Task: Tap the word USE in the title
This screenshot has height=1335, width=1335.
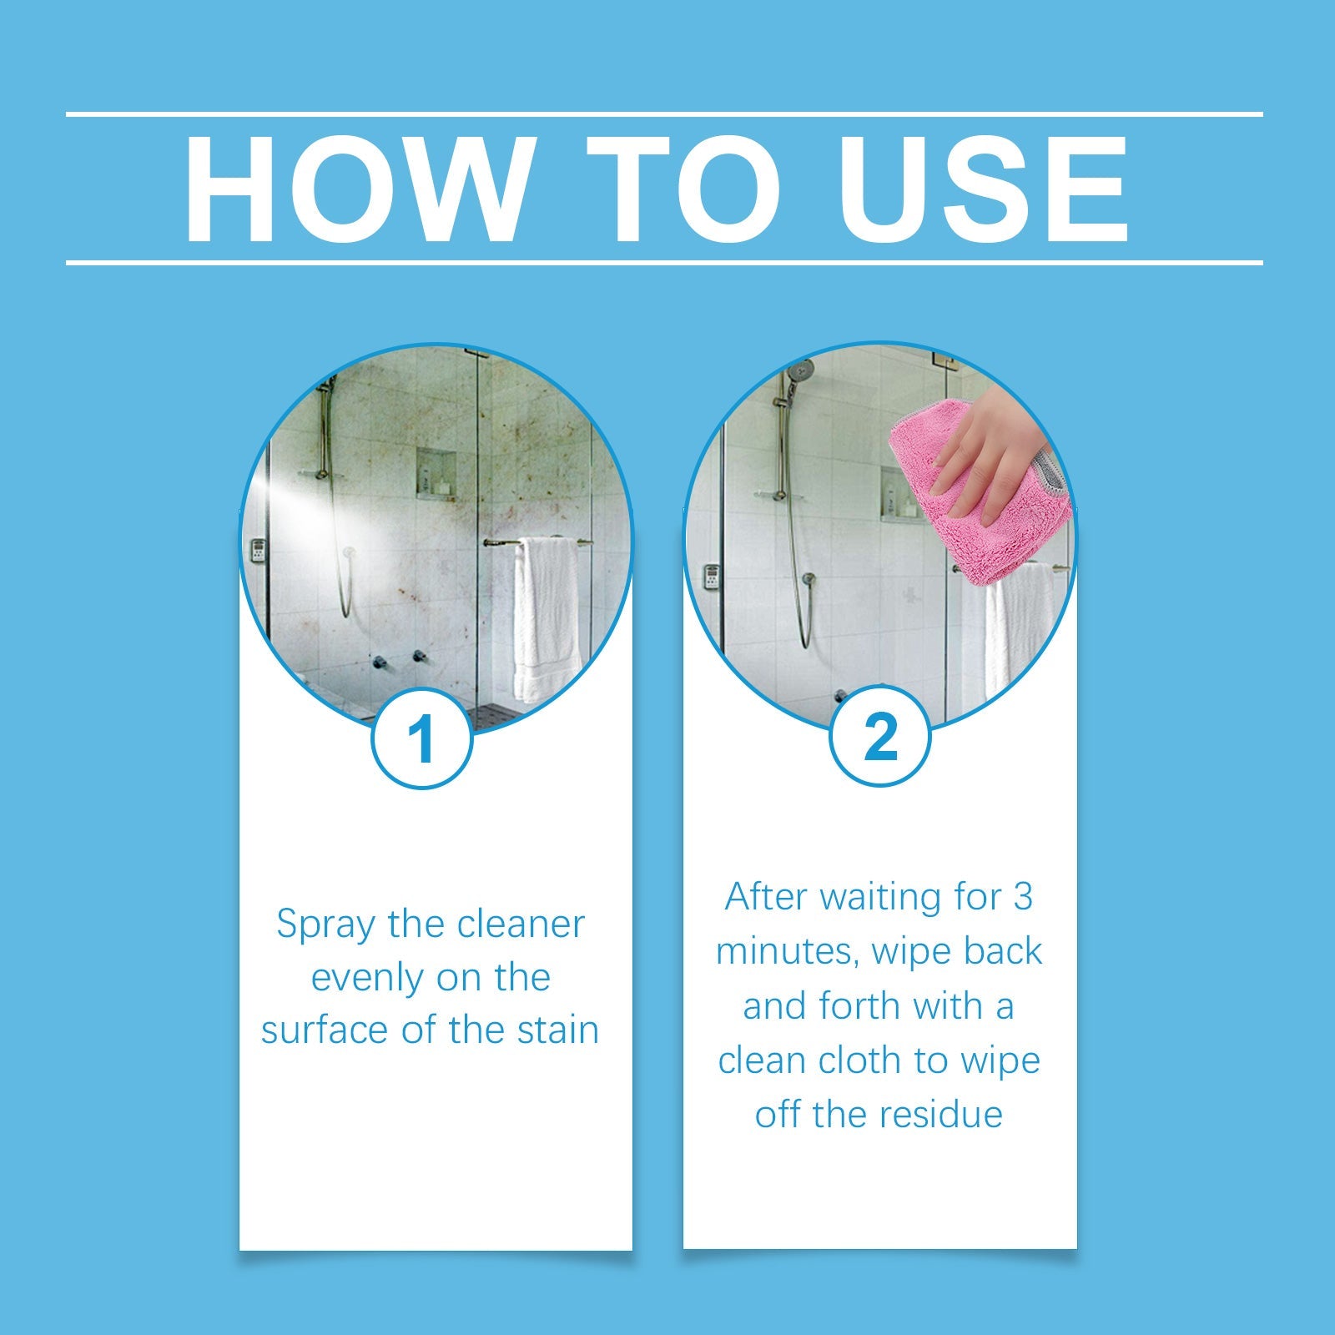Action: pos(984,188)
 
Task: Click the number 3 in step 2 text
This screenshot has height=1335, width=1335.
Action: pos(1023,897)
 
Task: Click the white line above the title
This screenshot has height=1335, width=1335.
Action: pos(664,114)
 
